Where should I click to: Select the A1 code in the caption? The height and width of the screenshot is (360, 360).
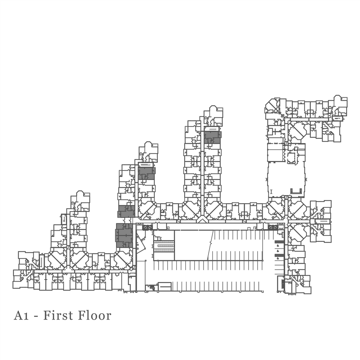[21, 315]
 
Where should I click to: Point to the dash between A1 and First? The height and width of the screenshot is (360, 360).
[36, 316]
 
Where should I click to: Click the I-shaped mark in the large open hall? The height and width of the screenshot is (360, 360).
[272, 192]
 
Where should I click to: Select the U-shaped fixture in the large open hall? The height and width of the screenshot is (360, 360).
[296, 191]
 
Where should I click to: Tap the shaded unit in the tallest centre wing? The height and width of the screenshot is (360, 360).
[213, 137]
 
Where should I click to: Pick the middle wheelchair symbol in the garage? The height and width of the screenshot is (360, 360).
[278, 251]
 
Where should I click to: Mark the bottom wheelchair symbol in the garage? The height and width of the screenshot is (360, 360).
[278, 258]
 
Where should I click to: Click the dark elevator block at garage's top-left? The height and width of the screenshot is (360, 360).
[147, 228]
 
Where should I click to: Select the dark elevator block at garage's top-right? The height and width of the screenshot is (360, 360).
[273, 228]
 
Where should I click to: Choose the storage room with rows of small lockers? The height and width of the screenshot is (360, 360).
[164, 246]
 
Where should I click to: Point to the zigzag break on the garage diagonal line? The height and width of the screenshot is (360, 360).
[210, 243]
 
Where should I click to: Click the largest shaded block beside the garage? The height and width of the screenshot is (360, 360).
[124, 235]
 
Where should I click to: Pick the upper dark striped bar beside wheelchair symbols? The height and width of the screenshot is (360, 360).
[279, 242]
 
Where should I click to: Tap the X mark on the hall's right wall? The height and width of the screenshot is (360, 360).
[306, 179]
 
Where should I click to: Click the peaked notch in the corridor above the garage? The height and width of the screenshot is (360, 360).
[202, 220]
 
